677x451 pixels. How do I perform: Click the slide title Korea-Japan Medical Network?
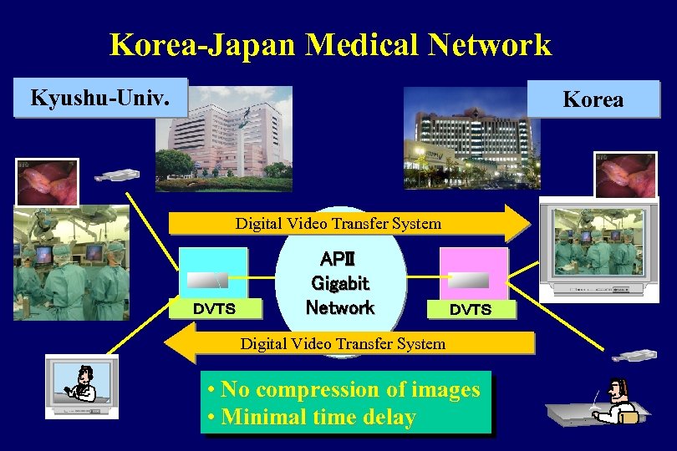tap(330, 44)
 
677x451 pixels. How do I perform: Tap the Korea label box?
tap(594, 99)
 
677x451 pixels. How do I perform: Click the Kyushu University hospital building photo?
tap(224, 131)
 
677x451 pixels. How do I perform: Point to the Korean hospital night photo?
tap(471, 138)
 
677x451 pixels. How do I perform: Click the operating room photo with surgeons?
tap(71, 263)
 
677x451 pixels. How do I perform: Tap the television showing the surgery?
tap(594, 248)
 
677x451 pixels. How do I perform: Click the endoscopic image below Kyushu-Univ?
tap(47, 181)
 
